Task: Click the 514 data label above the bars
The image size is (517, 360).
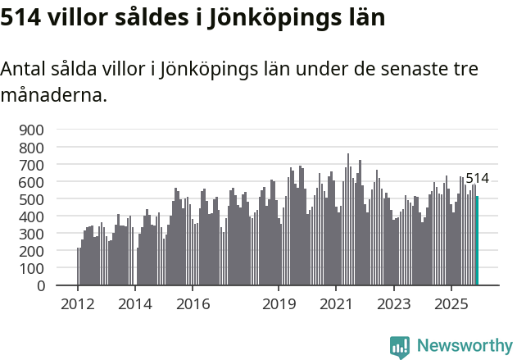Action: click(x=477, y=178)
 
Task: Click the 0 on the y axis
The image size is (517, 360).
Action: click(x=40, y=286)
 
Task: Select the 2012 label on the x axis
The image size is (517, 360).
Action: click(x=78, y=304)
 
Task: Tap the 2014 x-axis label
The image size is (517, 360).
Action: click(x=135, y=304)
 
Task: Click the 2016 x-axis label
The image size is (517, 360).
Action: click(x=193, y=304)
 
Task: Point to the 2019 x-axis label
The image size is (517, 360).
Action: click(x=279, y=304)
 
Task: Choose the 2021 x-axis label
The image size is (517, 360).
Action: click(x=336, y=304)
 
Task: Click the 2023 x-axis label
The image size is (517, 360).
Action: click(x=393, y=304)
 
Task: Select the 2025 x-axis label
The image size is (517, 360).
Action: click(x=451, y=304)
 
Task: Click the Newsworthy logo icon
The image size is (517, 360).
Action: click(x=400, y=346)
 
